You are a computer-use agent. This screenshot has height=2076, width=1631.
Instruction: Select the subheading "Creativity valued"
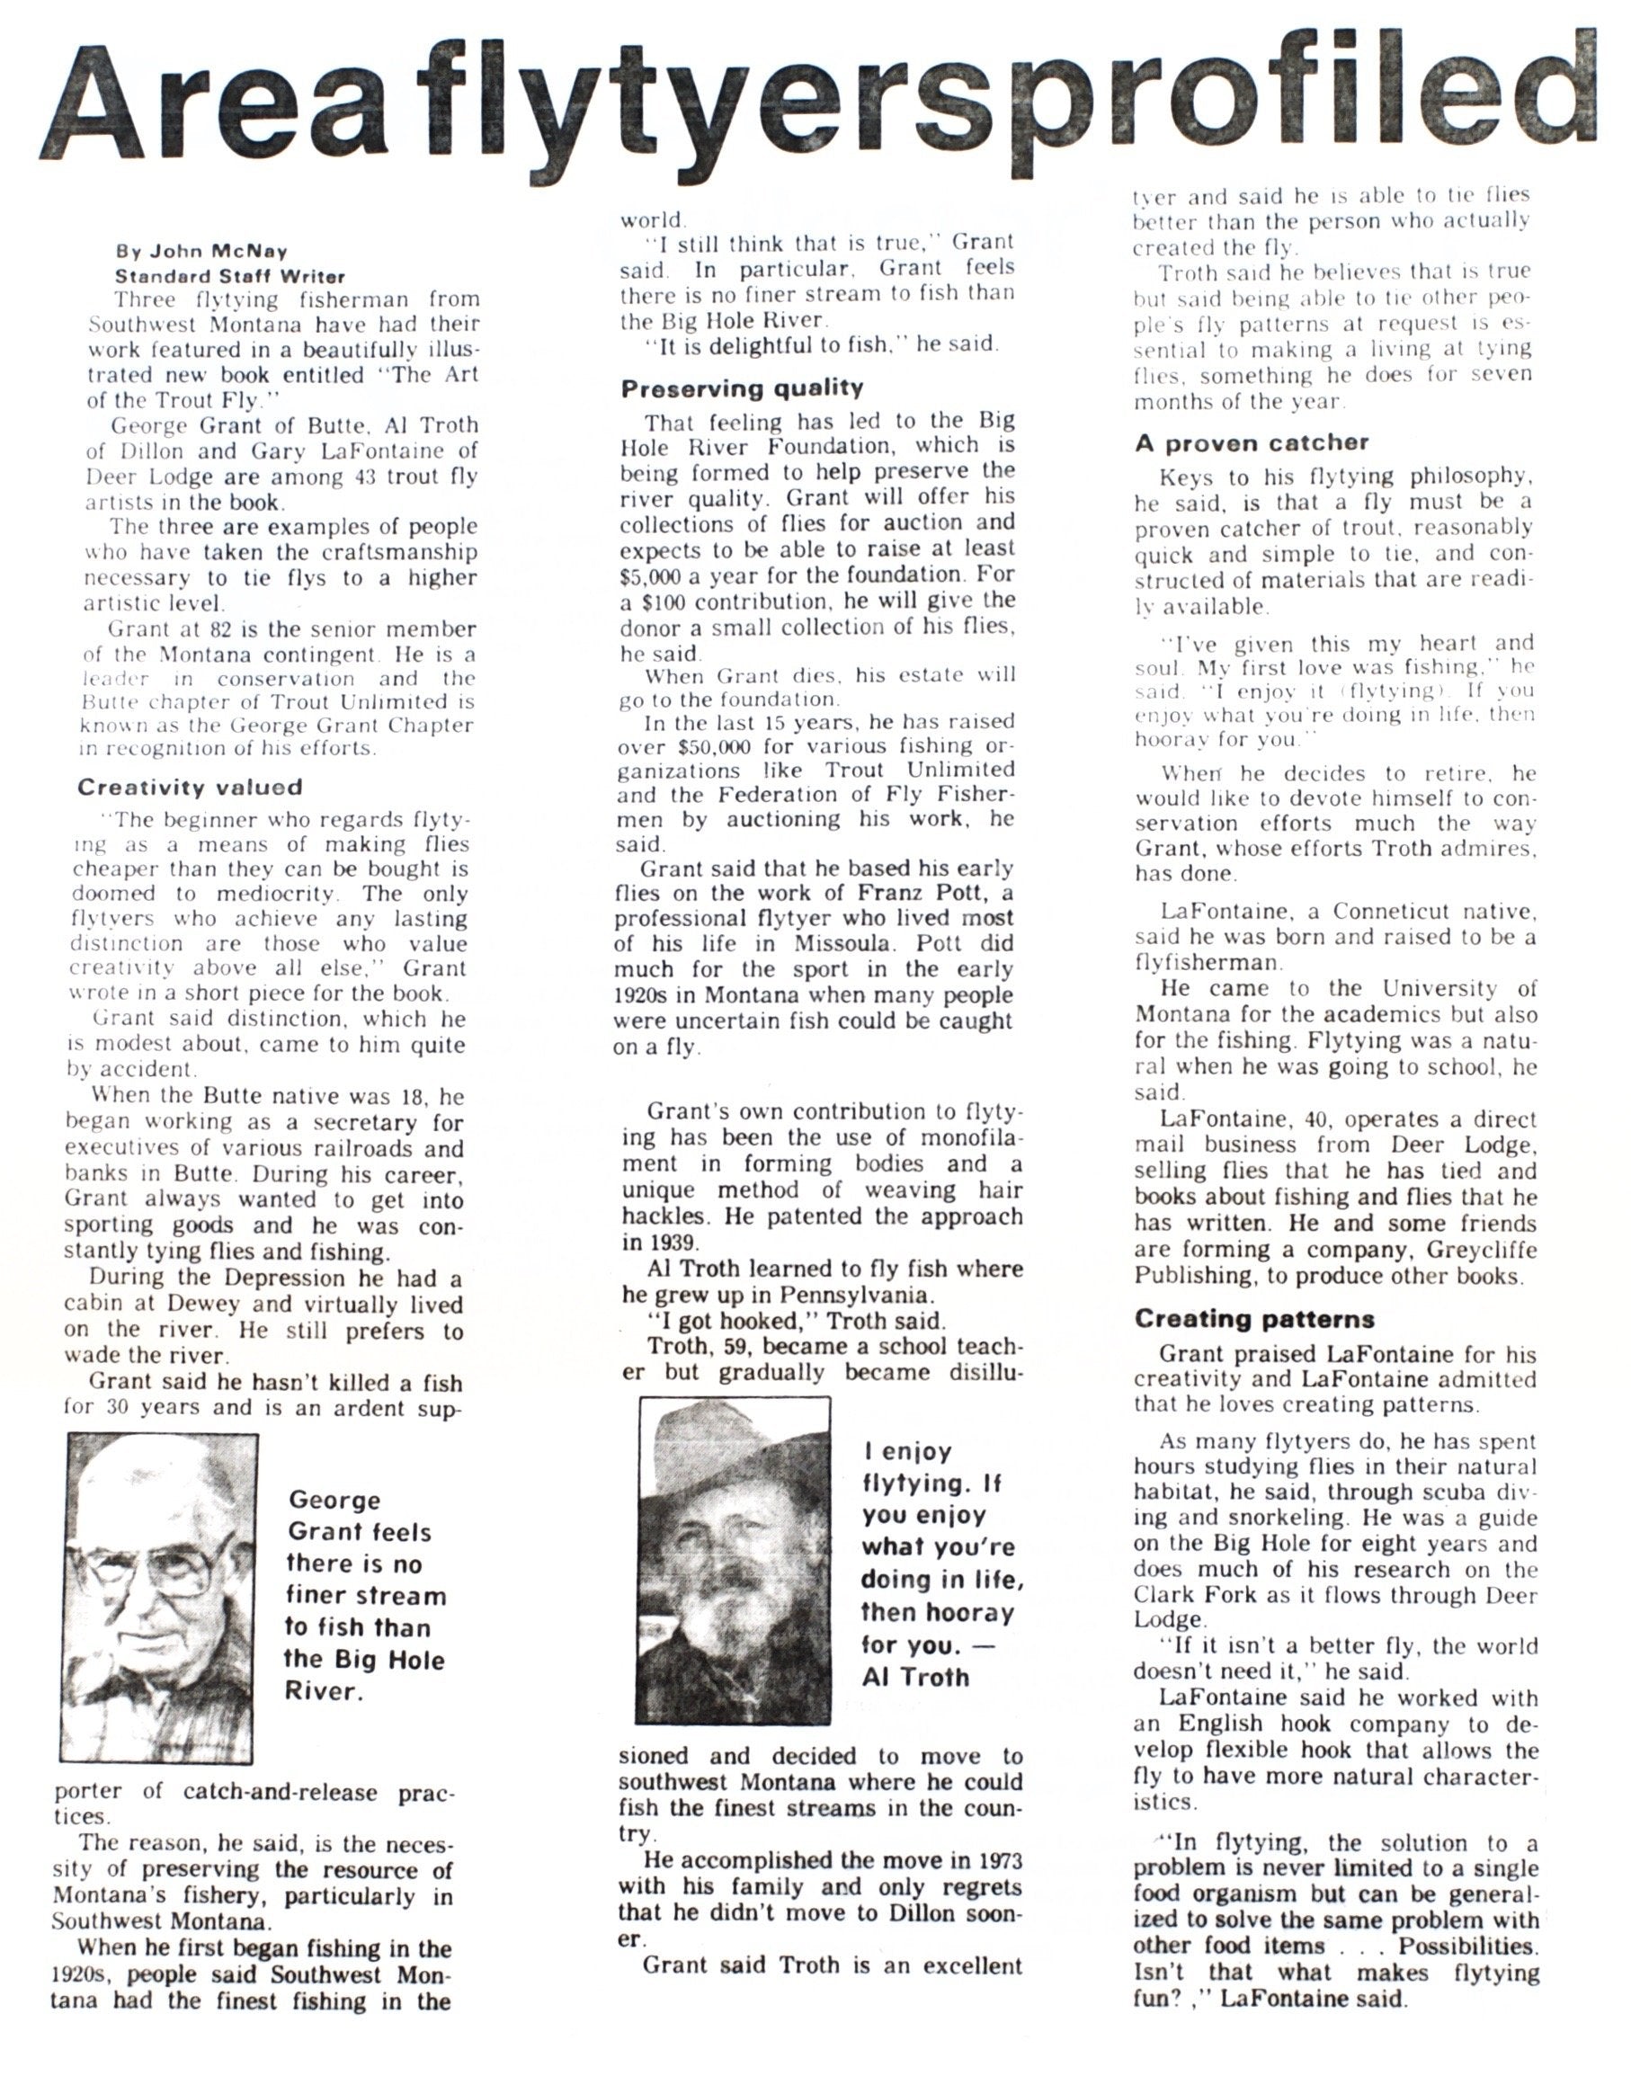click(189, 788)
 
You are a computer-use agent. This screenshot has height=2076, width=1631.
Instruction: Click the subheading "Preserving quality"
click(742, 388)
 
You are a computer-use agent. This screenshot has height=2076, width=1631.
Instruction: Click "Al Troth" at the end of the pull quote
click(914, 1677)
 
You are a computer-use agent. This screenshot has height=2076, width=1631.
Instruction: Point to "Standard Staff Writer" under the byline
click(230, 277)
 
